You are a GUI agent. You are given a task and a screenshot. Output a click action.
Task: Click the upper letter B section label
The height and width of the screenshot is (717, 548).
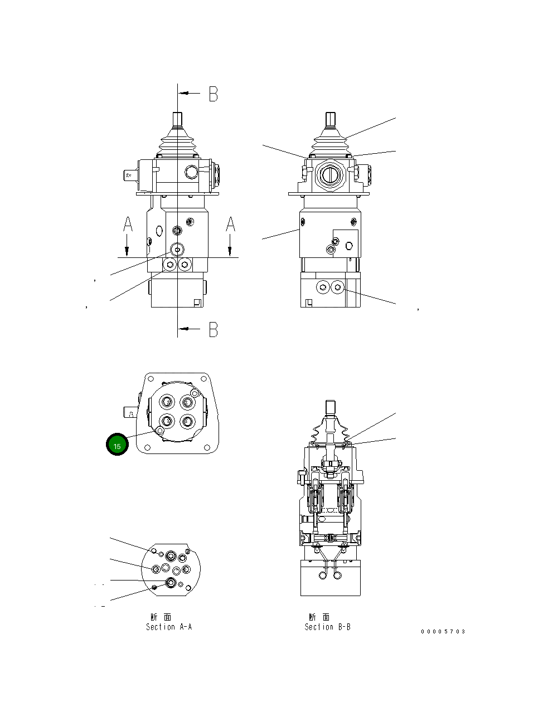(214, 94)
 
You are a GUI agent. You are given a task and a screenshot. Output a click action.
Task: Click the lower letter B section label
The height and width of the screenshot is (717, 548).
(214, 329)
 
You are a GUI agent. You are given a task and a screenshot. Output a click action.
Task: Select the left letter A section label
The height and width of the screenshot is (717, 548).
(128, 225)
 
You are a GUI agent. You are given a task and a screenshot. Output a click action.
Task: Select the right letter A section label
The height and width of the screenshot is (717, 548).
(230, 225)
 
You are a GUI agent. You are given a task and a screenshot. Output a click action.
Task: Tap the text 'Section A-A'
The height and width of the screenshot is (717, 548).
(169, 627)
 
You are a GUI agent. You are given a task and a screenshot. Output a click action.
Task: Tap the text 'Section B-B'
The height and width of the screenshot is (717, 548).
(327, 627)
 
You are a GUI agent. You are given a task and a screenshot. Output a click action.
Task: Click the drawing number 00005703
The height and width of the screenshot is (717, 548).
(443, 632)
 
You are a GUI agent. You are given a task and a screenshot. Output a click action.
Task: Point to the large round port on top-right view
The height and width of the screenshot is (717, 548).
(328, 175)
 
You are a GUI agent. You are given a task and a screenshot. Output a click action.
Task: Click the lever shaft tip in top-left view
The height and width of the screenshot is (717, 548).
(178, 119)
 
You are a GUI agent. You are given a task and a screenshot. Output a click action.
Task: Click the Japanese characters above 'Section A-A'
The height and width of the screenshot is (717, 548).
(161, 617)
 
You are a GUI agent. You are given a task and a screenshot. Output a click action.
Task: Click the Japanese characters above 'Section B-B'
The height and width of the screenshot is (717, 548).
(319, 617)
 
